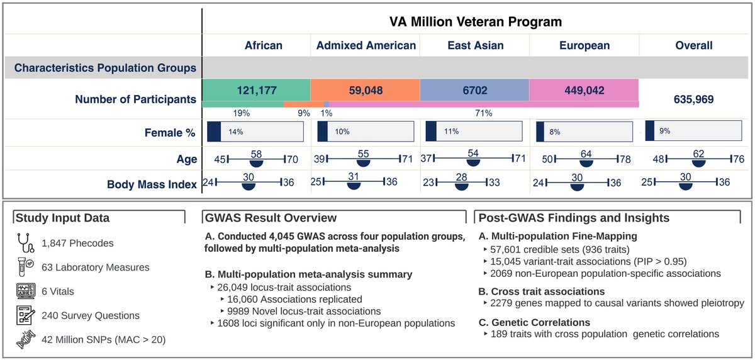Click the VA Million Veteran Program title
pos(474,22)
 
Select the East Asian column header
pos(474,45)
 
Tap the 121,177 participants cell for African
pos(256,90)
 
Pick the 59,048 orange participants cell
pos(365,90)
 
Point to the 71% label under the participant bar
pos(484,113)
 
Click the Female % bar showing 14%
pos(254,132)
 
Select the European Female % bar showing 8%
pos(584,132)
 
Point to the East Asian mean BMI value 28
pos(462,177)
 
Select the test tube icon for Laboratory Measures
pos(23,266)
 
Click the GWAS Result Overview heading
pos(269,218)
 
